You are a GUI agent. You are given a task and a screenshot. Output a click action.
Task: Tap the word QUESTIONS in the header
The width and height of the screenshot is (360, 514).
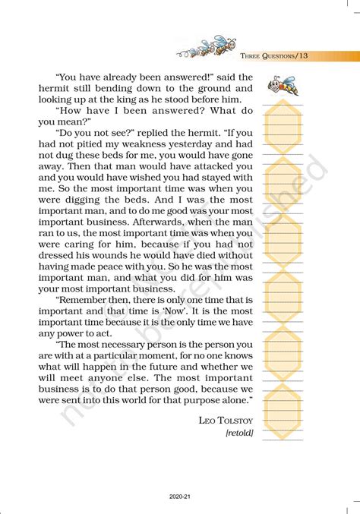pyautogui.click(x=276, y=55)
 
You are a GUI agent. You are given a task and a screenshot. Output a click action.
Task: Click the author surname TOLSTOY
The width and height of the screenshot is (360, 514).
pyautogui.click(x=236, y=419)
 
